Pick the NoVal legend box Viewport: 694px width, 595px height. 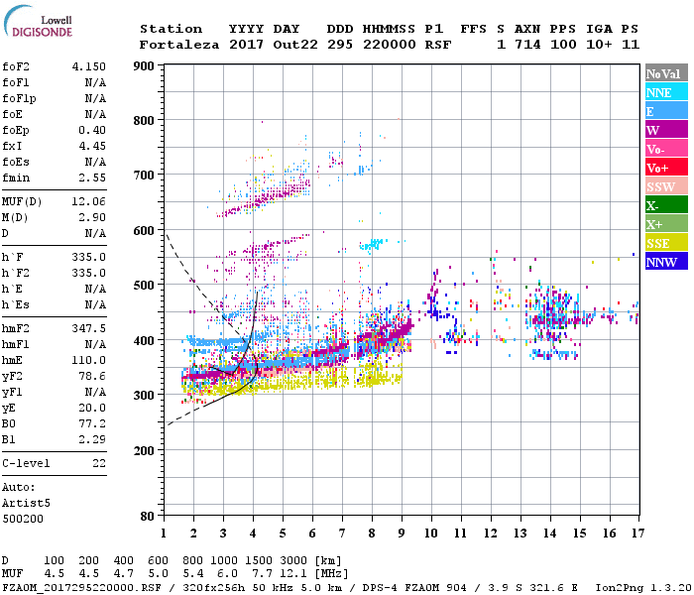click(664, 73)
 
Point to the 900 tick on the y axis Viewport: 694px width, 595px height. click(144, 66)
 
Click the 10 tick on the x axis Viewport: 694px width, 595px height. click(431, 534)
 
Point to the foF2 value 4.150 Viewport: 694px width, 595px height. click(89, 66)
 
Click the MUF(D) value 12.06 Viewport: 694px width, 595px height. click(89, 201)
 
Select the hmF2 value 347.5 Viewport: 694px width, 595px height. click(89, 326)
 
